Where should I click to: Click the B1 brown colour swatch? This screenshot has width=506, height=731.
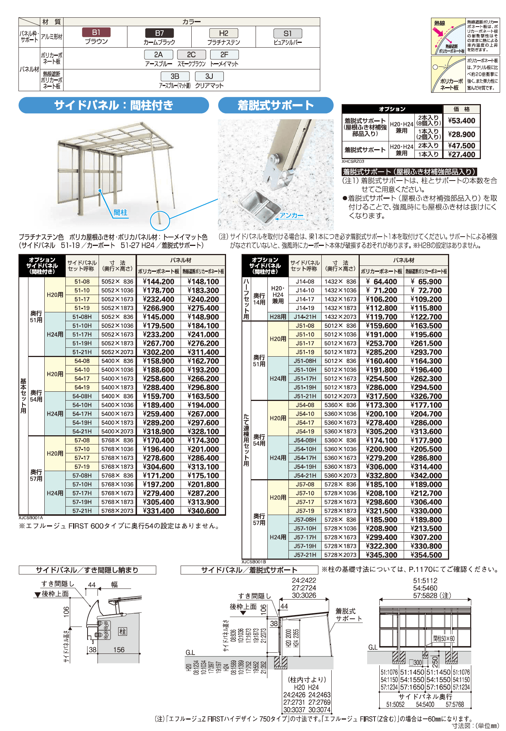coord(96,32)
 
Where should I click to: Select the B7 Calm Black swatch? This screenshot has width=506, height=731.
coord(159,33)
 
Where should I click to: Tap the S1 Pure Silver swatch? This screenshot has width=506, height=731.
coord(288,34)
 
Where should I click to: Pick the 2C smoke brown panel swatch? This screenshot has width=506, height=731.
coord(191,55)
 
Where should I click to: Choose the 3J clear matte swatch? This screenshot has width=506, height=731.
coord(209,76)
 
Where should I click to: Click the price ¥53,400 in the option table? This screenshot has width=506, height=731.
coord(461,121)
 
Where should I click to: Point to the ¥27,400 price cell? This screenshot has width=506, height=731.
coord(461,154)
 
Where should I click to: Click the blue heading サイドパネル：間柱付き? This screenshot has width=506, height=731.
coord(114,106)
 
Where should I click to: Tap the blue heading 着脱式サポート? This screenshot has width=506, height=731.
coord(276,106)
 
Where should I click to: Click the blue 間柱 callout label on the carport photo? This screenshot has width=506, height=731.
coord(120,213)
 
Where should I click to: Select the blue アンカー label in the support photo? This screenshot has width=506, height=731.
coord(291,215)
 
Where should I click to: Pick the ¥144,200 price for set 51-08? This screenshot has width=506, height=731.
coord(158,282)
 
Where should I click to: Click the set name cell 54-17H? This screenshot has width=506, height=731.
coord(82,414)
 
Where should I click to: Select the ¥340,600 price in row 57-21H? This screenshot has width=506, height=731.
coord(203,511)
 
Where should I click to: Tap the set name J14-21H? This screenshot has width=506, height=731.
coord(305,317)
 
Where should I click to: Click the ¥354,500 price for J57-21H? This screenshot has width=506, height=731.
coord(426,555)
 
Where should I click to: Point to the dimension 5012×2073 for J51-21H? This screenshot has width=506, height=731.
coord(340,396)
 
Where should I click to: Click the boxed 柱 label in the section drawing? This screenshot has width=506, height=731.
coord(123,631)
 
